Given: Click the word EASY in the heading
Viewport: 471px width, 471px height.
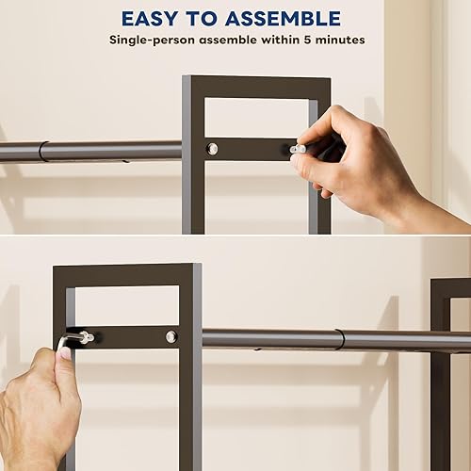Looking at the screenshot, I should pos(155,18).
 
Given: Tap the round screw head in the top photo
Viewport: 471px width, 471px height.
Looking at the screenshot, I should pos(211,148).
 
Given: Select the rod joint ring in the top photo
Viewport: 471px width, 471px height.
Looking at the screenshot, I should pos(43,151).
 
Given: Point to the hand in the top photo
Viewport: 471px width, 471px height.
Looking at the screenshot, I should pos(358,160).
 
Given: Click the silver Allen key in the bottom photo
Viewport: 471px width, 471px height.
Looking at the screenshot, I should pos(75,339).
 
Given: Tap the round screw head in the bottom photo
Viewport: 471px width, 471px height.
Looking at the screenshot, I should pos(171,336).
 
